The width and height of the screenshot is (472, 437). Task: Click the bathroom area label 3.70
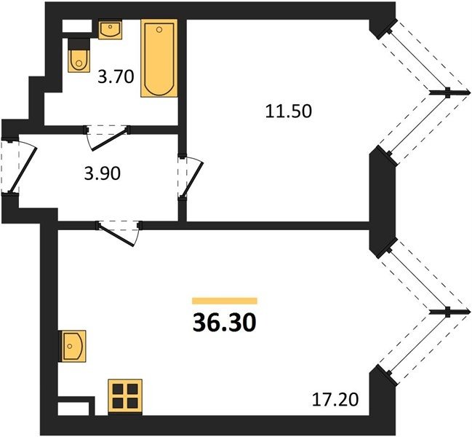click(116, 76)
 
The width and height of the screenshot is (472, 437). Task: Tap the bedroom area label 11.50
click(289, 111)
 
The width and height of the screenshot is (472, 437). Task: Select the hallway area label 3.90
click(103, 173)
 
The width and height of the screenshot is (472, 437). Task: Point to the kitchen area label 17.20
click(335, 400)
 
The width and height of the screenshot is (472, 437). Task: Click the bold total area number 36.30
click(224, 322)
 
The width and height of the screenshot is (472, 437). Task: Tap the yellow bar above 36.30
click(225, 301)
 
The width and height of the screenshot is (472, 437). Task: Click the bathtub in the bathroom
click(159, 58)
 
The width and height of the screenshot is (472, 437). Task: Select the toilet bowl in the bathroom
click(79, 61)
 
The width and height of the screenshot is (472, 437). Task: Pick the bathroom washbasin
click(110, 29)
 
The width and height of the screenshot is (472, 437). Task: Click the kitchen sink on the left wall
click(73, 346)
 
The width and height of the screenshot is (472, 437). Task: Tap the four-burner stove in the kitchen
click(125, 396)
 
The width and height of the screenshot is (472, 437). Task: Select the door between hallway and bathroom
click(107, 138)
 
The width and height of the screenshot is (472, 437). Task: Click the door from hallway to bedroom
click(191, 177)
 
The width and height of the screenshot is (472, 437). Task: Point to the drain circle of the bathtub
click(159, 29)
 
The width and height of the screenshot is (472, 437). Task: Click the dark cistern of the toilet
click(79, 44)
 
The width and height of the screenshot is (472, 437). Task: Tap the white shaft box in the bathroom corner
click(77, 26)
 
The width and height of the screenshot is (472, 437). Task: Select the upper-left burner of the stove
click(118, 389)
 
